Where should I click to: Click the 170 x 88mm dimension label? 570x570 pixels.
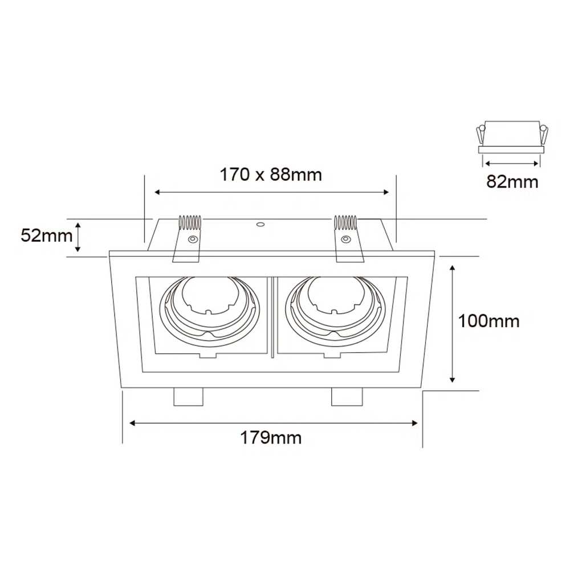tap(271, 175)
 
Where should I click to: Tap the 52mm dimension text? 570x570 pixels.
tap(47, 235)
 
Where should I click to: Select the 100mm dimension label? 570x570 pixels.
tap(488, 321)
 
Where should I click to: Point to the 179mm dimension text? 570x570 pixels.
tap(271, 438)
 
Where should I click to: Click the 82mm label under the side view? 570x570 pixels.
tap(512, 181)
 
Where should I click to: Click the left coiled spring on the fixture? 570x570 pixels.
tap(190, 223)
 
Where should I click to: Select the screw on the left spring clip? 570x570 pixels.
tap(192, 239)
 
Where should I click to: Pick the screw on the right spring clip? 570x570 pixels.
tap(345, 239)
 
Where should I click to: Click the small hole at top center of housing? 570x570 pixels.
tap(260, 224)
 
